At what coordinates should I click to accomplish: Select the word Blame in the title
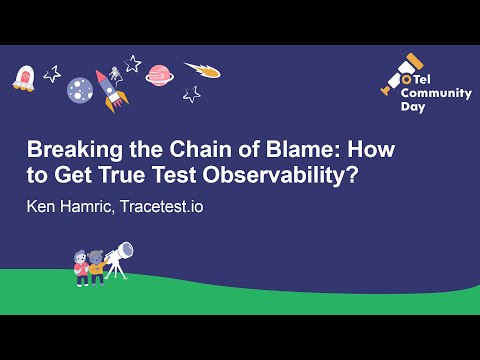click(299, 149)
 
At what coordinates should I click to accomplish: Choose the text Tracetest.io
click(162, 206)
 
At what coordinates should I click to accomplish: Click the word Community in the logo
click(436, 93)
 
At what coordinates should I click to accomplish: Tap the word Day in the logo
click(413, 107)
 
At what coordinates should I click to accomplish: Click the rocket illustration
click(111, 90)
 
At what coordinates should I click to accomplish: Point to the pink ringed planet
click(159, 76)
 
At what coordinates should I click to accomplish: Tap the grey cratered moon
click(80, 90)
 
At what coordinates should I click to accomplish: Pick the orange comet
click(203, 70)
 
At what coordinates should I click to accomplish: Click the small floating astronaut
click(115, 74)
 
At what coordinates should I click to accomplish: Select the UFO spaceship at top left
click(24, 79)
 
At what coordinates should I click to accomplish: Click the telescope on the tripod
click(119, 258)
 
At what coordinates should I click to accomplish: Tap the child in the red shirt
click(81, 269)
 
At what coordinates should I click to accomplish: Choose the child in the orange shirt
click(97, 268)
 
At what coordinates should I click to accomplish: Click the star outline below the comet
click(192, 95)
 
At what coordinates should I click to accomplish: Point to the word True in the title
click(122, 175)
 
